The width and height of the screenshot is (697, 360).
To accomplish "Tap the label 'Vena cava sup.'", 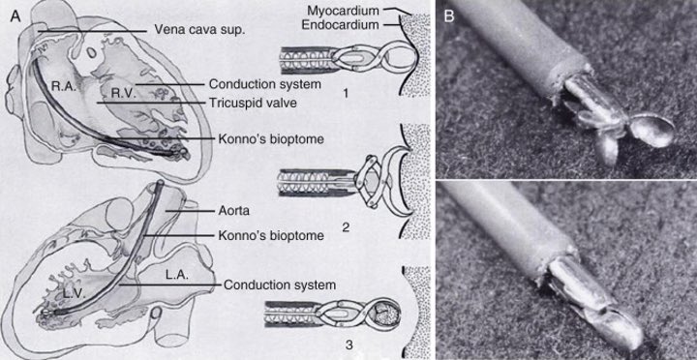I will [198, 30].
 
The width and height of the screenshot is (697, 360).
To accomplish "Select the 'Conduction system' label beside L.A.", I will [279, 285].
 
